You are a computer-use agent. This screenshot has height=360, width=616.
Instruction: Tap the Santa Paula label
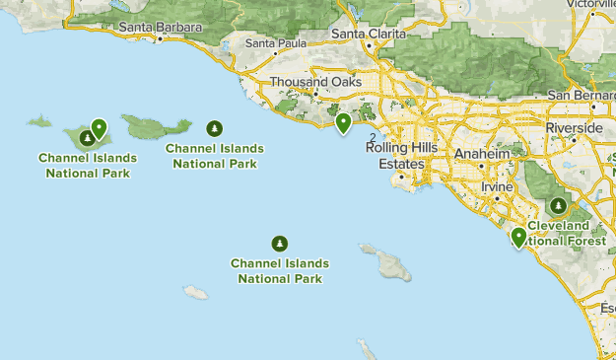click(275, 42)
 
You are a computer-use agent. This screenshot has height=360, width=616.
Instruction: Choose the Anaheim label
click(484, 154)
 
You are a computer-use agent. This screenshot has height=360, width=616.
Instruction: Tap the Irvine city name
click(498, 186)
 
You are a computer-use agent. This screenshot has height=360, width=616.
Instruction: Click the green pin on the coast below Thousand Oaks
click(343, 123)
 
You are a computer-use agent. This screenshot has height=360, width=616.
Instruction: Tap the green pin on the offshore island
click(99, 128)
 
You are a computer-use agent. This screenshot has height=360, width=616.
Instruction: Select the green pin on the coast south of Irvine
click(518, 238)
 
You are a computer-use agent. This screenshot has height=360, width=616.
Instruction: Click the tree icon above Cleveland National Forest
click(559, 206)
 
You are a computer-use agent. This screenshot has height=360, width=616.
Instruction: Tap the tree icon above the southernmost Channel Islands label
click(280, 244)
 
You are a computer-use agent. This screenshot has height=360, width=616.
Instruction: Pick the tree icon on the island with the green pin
click(88, 137)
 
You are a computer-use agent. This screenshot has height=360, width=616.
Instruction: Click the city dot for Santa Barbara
click(160, 38)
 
